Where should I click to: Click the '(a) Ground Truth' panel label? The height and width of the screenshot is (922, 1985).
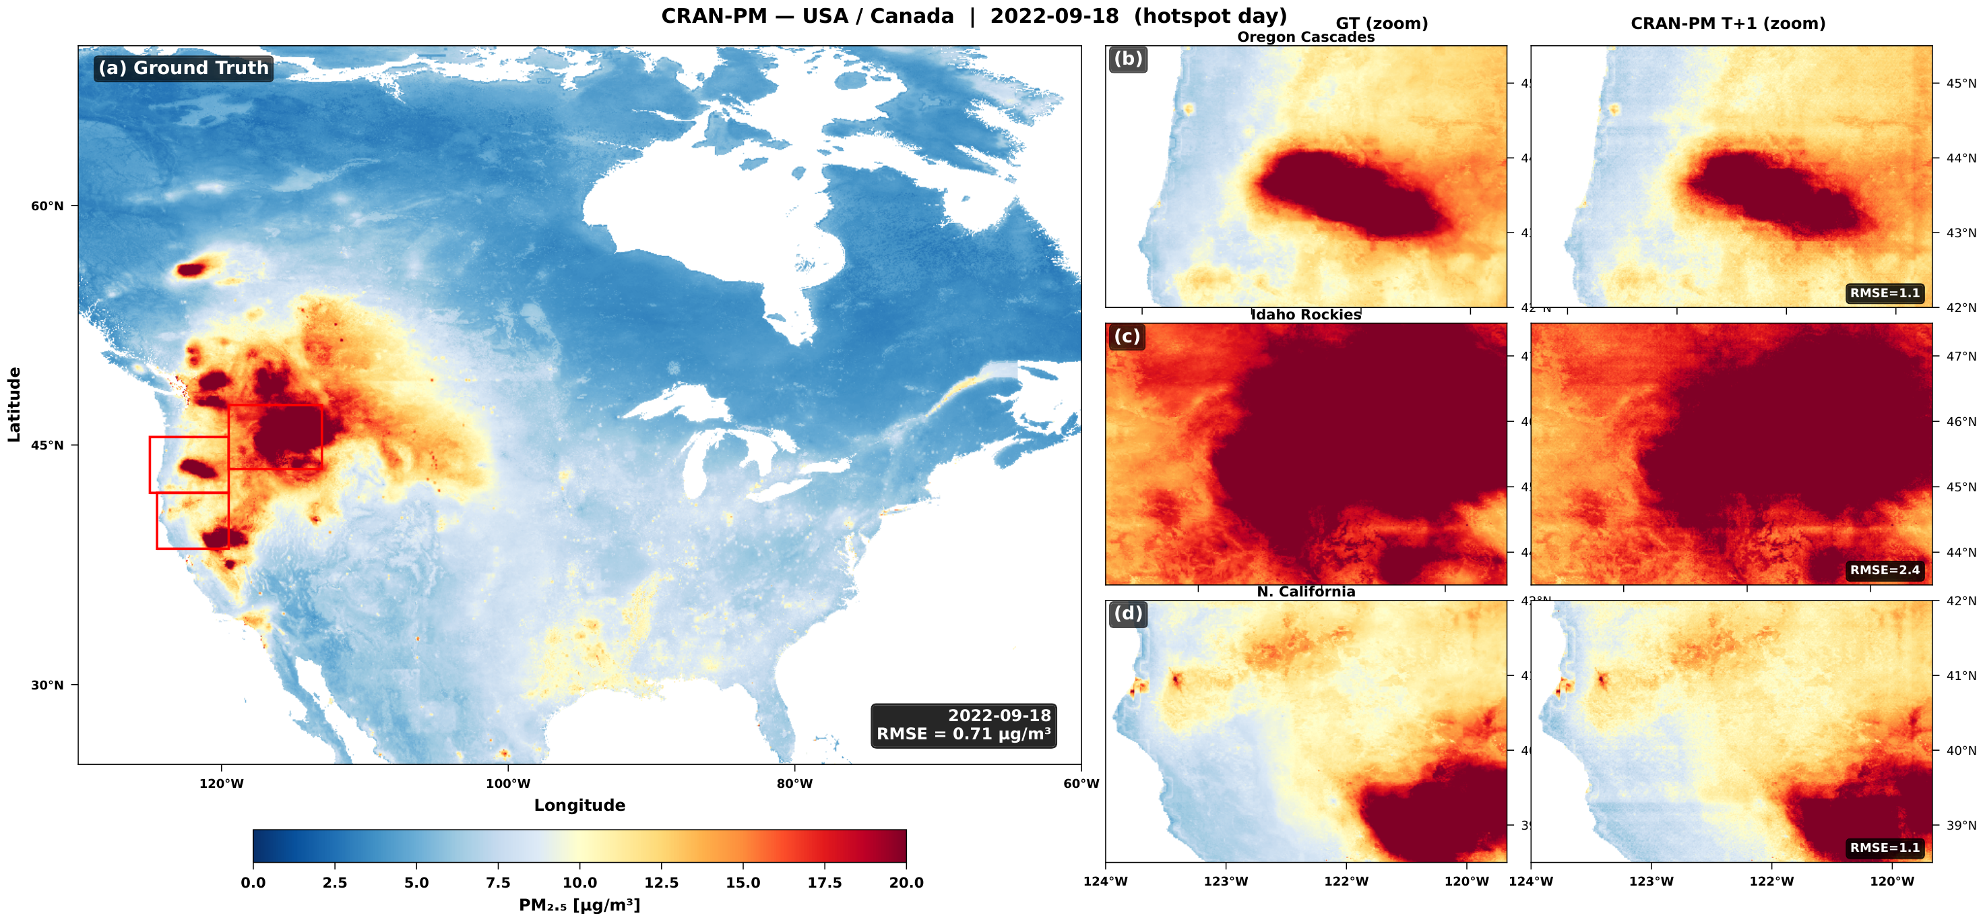coord(183,68)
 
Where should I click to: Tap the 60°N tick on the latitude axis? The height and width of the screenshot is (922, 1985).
coord(47,206)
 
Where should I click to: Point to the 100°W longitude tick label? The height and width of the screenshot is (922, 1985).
coord(508,784)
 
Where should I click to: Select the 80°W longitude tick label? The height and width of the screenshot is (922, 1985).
coord(794,784)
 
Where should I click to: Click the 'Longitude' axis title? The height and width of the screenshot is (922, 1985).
coord(579,805)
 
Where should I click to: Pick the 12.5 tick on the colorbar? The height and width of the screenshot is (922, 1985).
coord(661,883)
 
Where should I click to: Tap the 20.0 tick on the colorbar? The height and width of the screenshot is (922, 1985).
coord(906,883)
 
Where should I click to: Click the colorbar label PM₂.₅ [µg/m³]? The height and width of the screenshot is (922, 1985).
coord(579,905)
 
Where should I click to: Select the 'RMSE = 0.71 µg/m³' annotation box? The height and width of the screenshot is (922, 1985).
coord(964,725)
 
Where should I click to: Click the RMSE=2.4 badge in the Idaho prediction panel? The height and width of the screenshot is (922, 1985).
coord(1885,570)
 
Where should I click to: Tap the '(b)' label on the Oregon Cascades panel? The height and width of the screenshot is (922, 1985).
coord(1128,59)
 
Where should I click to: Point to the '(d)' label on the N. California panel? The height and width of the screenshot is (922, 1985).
coord(1128,613)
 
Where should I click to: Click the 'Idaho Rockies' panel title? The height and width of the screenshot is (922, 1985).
coord(1305,315)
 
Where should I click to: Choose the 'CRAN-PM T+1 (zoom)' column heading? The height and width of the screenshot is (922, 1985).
coord(1728,24)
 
